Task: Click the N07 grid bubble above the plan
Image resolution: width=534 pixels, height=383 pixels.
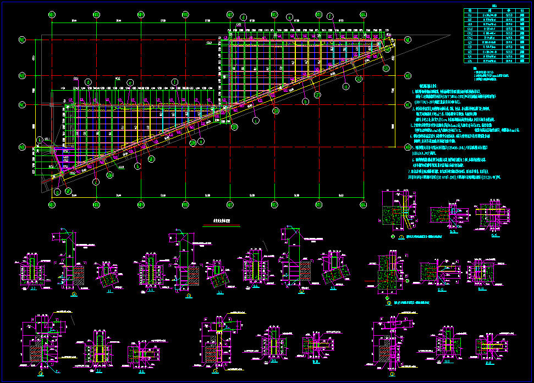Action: [x=52, y=14]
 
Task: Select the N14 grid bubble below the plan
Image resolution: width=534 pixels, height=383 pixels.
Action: [x=363, y=204]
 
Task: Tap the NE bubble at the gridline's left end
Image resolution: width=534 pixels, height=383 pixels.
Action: [x=23, y=40]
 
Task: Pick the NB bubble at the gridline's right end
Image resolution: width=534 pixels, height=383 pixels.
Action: [x=408, y=147]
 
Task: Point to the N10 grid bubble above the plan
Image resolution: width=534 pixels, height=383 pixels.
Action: [x=185, y=14]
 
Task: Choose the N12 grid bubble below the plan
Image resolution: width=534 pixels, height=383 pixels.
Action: [x=274, y=204]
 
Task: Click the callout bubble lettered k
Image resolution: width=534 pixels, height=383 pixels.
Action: [x=255, y=119]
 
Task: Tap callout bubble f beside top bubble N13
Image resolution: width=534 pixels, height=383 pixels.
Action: [x=330, y=16]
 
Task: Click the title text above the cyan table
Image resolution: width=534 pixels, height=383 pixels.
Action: [x=494, y=6]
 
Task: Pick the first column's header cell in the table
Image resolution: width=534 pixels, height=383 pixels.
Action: [x=470, y=10]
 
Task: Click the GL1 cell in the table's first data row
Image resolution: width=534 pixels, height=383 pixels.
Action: [x=470, y=15]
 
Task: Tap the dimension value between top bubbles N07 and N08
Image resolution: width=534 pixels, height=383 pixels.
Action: [x=74, y=21]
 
